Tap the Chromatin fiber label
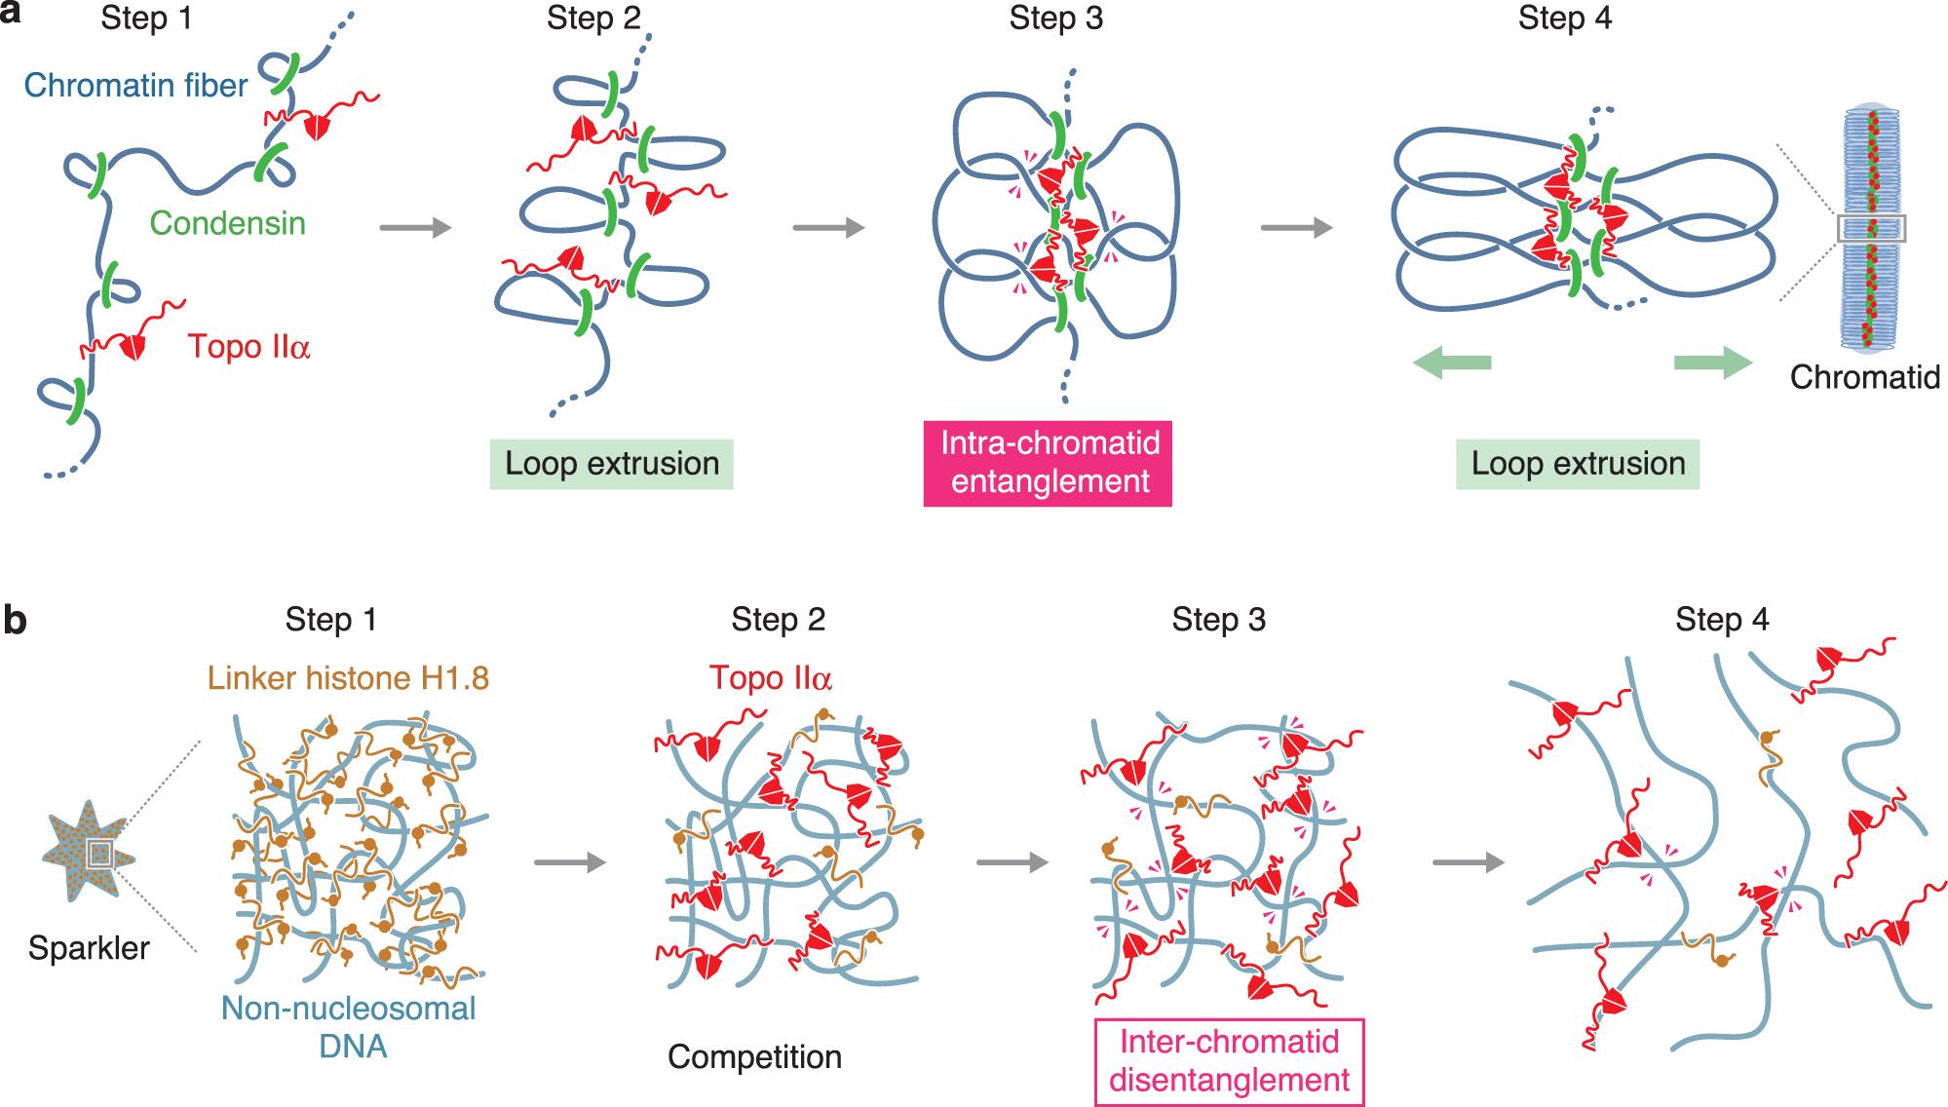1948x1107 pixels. point(135,86)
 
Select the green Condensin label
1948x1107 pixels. point(227,223)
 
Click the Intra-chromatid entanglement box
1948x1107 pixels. point(1050,463)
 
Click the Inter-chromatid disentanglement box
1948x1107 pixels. point(1230,1061)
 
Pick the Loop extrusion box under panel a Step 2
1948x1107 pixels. point(612,464)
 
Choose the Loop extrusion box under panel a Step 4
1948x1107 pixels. point(1578,464)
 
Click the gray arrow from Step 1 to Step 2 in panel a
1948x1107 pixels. point(415,228)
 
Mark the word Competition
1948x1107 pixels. point(754,1057)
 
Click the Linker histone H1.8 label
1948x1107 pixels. point(348,678)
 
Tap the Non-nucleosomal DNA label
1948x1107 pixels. point(349,1026)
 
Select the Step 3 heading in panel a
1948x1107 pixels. point(1055,19)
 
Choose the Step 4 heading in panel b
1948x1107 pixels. point(1722,620)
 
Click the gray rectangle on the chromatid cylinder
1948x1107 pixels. point(1871,229)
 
